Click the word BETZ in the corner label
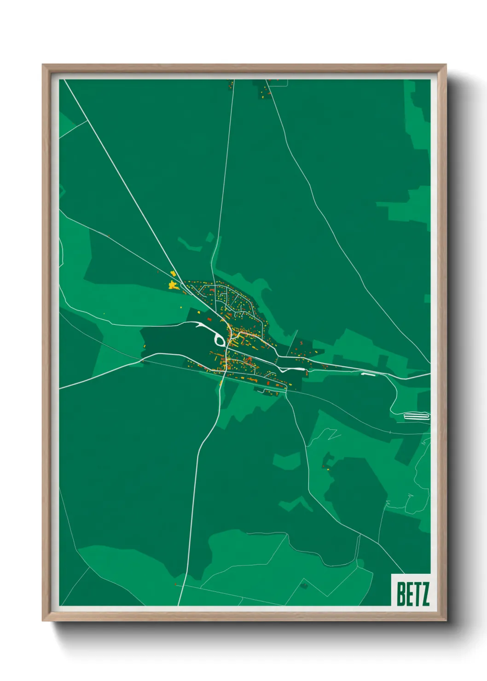click(413, 594)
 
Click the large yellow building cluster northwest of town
click(173, 285)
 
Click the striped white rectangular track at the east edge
click(416, 416)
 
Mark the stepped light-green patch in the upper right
click(405, 207)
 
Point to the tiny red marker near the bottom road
click(175, 584)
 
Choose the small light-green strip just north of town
click(191, 244)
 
